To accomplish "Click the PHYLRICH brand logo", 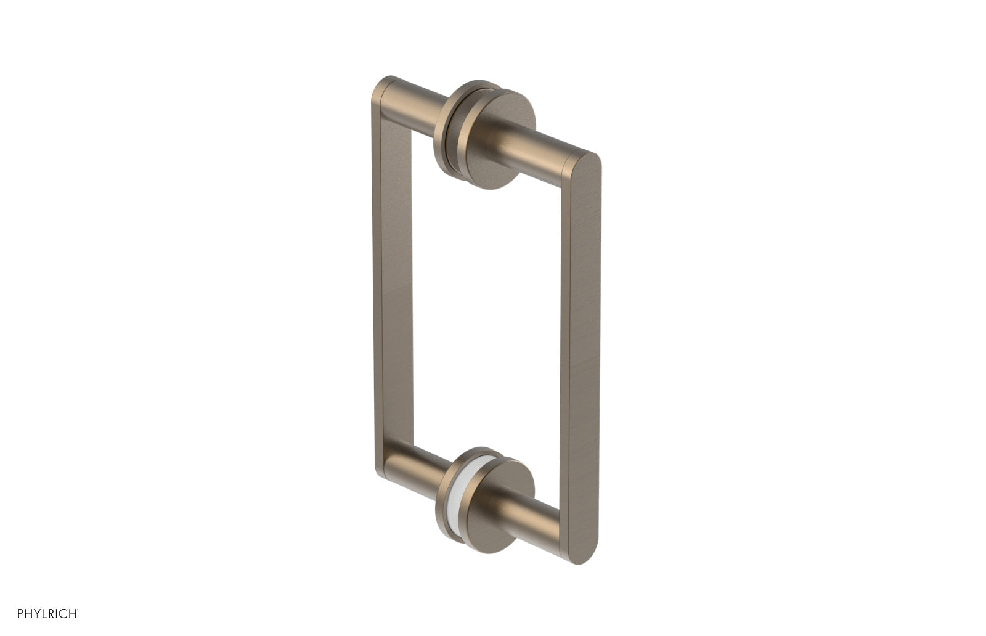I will coord(48,613).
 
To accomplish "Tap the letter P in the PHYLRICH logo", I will coord(20,613).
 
